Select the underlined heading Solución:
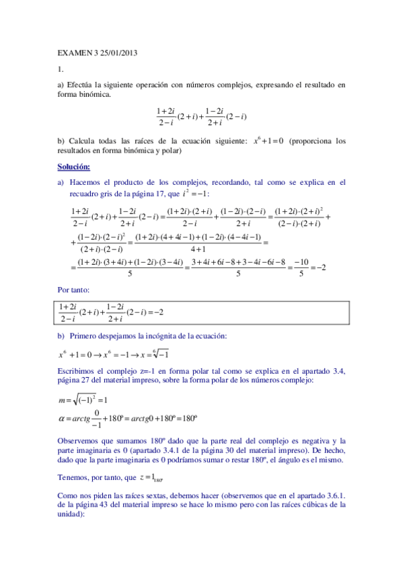tap(74, 167)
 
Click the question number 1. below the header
tap(60, 69)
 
